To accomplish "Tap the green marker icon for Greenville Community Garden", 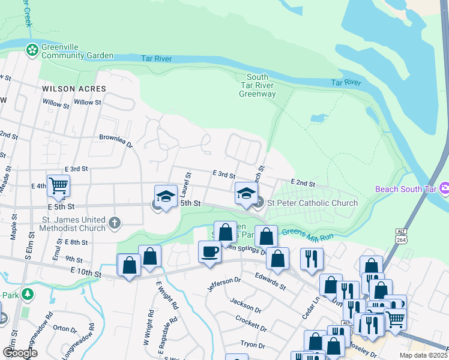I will pyautogui.click(x=32, y=50).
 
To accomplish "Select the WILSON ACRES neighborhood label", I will pyautogui.click(x=74, y=89).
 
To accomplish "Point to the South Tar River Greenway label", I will pyautogui.click(x=258, y=85).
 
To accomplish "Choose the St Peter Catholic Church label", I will pyautogui.click(x=312, y=203).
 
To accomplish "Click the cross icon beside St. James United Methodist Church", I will pyautogui.click(x=114, y=224).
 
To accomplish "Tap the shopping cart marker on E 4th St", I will pyautogui.click(x=58, y=186).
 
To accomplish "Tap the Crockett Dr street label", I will pyautogui.click(x=251, y=323).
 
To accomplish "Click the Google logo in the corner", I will pyautogui.click(x=20, y=353).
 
